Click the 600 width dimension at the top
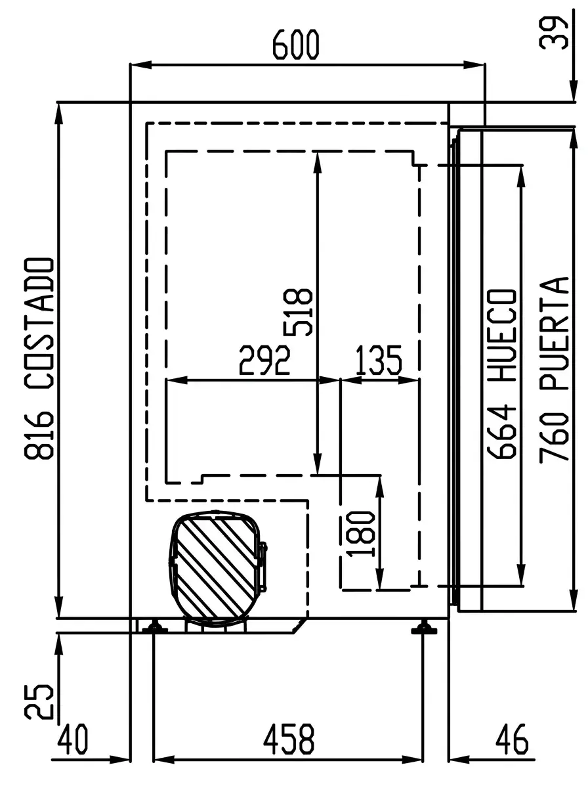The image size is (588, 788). click(x=295, y=45)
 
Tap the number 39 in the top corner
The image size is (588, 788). click(x=554, y=33)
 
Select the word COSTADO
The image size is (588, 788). click(x=39, y=322)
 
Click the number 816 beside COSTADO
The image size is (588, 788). click(x=39, y=435)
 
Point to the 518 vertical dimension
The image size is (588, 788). click(x=298, y=313)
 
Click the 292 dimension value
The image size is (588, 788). click(x=264, y=360)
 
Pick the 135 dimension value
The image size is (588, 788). click(x=379, y=360)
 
